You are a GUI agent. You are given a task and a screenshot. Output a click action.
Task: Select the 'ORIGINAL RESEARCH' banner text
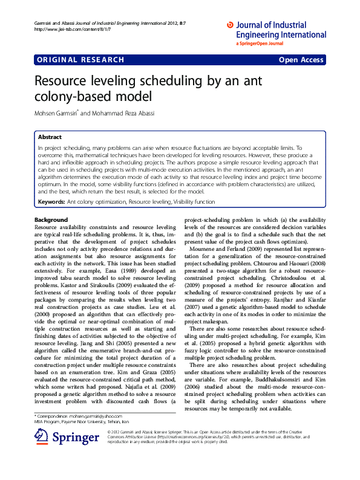point(80,60)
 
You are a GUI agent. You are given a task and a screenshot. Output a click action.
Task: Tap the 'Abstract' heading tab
point(50,137)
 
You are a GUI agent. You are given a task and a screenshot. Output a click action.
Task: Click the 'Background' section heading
point(51,219)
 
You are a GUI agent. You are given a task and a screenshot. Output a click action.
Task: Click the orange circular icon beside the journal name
point(229,25)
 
